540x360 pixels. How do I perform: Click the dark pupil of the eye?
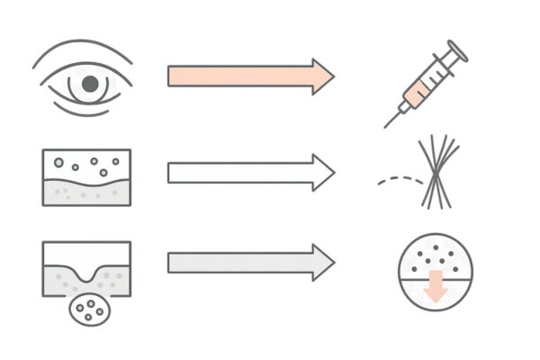point(89,83)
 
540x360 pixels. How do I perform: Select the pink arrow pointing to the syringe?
point(238,76)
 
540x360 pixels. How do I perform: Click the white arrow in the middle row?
point(238,171)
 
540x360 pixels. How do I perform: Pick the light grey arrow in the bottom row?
point(238,263)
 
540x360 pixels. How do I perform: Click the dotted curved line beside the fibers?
point(396,180)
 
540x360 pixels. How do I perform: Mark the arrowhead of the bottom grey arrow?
point(322,263)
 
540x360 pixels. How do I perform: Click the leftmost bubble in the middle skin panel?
point(58,163)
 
